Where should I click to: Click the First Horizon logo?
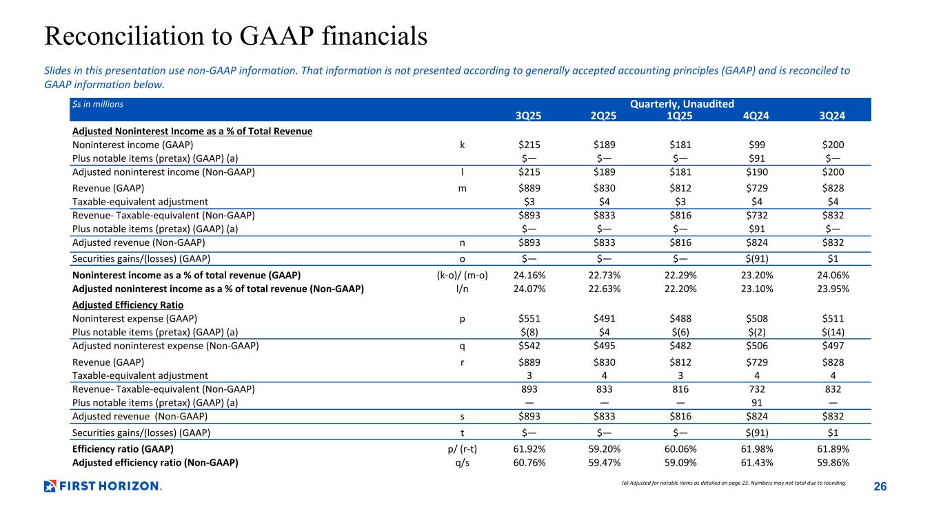[x=102, y=486]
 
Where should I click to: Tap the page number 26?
[x=880, y=487]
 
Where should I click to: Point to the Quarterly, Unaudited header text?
[x=682, y=104]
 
